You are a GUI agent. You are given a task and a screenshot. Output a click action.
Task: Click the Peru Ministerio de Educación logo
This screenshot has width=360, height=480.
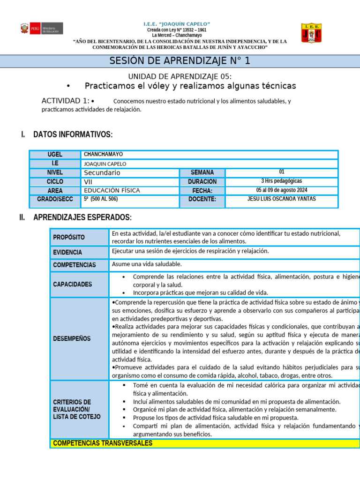(41, 29)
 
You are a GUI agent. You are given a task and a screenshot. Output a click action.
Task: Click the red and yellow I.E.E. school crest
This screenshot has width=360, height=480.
(311, 33)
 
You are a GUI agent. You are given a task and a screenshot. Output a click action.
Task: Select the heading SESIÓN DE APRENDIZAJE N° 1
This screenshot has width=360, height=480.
(180, 61)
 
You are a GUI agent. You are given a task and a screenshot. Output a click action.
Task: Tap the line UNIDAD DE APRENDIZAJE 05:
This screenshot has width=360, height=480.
(180, 76)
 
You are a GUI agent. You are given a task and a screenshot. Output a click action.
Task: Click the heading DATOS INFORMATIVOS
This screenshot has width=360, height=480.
(73, 135)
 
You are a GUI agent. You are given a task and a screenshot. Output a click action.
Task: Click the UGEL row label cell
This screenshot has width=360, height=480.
(55, 155)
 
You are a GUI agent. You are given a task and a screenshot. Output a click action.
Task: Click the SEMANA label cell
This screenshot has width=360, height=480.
(202, 172)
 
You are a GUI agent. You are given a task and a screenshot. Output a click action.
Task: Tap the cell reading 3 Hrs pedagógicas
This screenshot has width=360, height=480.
(281, 181)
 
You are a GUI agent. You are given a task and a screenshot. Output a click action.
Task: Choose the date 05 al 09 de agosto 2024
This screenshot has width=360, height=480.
(281, 190)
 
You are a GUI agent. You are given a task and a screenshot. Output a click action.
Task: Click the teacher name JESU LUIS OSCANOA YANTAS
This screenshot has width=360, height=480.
(281, 199)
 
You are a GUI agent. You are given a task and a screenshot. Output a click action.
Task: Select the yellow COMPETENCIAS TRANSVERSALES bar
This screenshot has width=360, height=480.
(204, 443)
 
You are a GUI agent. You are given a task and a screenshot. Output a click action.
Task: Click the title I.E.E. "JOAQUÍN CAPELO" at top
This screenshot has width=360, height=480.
(176, 24)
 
